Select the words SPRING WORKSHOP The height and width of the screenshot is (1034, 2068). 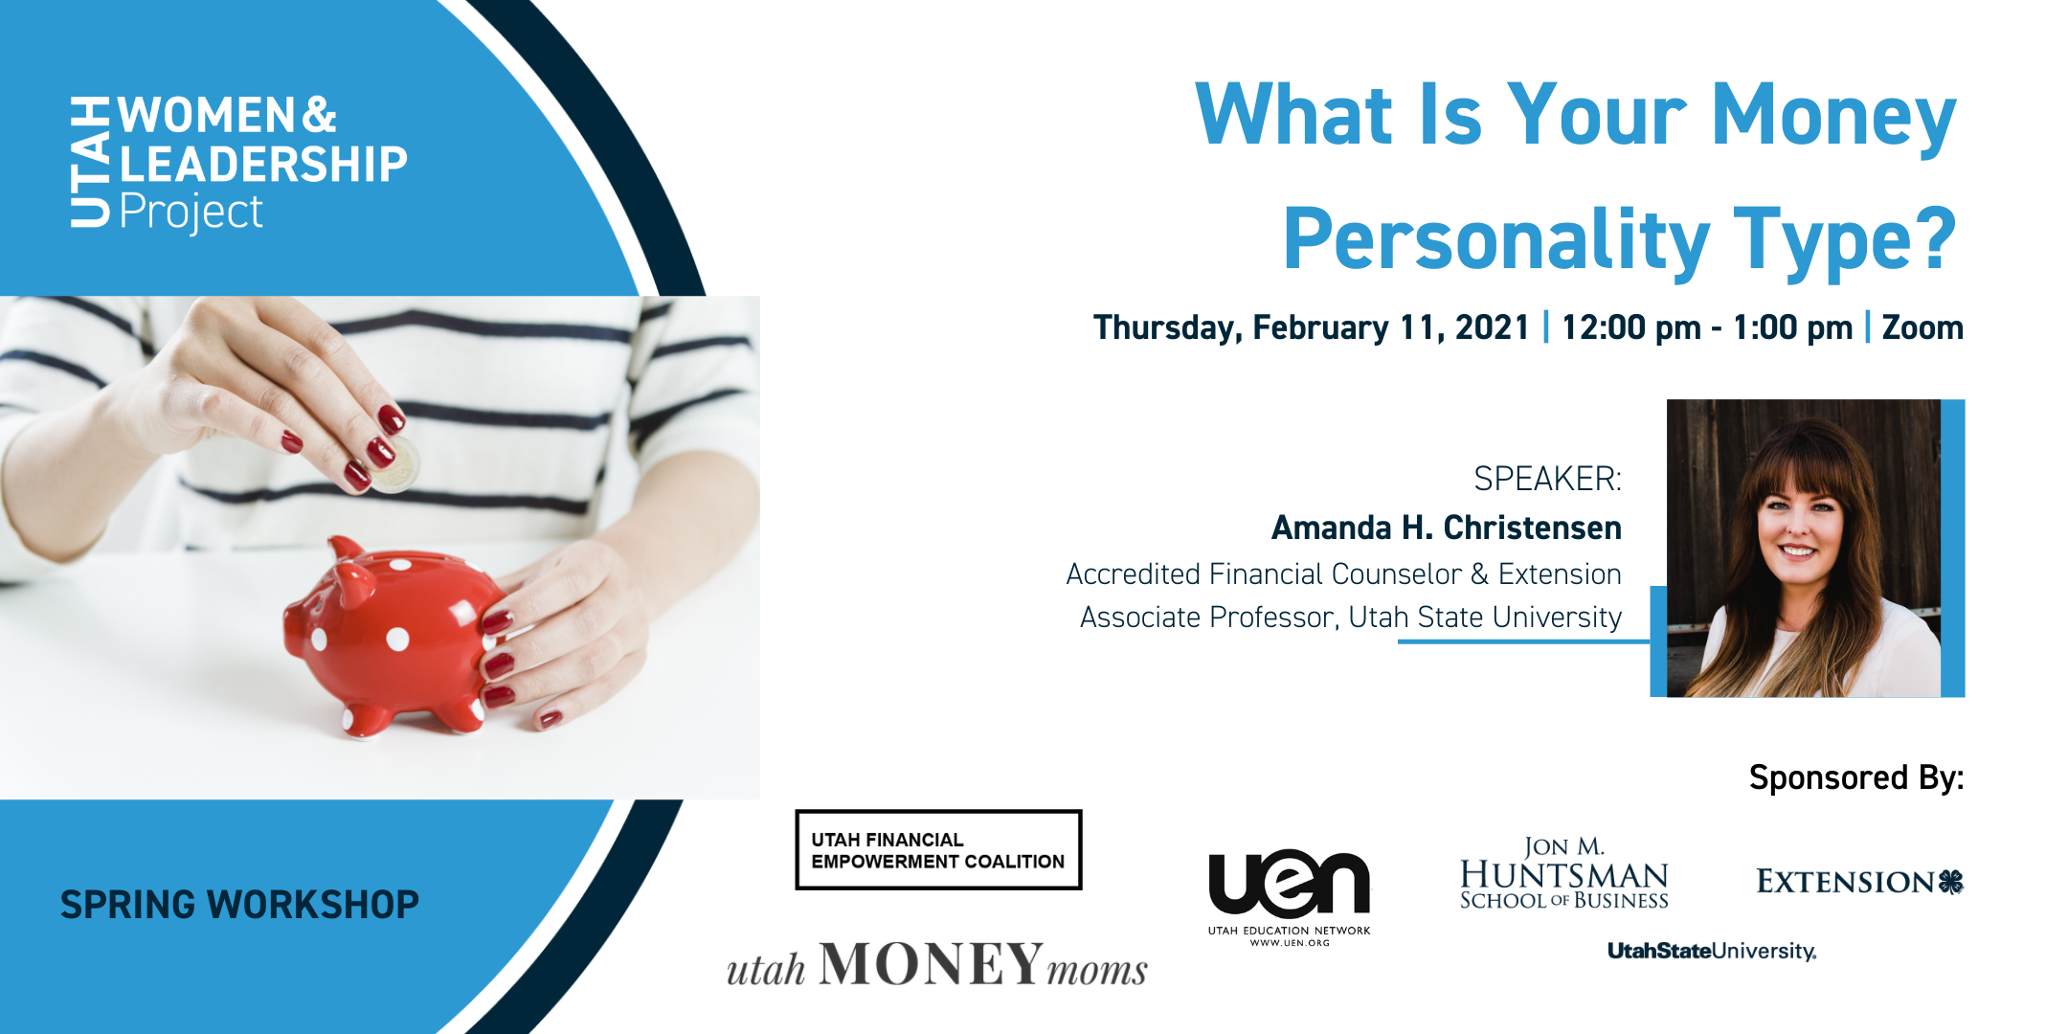pos(239,905)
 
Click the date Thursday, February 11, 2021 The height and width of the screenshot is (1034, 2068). pos(1311,327)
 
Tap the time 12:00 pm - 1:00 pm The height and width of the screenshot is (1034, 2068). pos(1707,327)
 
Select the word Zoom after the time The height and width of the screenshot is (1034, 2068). pos(1922,327)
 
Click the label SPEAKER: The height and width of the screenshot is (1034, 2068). pos(1547,479)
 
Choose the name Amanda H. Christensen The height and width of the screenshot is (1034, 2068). pos(1446,528)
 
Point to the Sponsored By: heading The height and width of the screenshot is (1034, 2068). pos(1855,777)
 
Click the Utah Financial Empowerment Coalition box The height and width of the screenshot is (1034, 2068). pos(938,850)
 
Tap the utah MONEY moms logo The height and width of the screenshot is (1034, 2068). pos(936,965)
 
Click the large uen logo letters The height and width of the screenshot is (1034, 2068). pos(1289,883)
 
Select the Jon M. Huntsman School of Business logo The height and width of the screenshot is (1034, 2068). pos(1563,873)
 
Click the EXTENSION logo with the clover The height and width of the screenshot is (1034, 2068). pos(1858,881)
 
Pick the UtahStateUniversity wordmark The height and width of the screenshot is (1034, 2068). pos(1711,951)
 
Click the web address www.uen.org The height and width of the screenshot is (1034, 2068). pos(1289,943)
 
